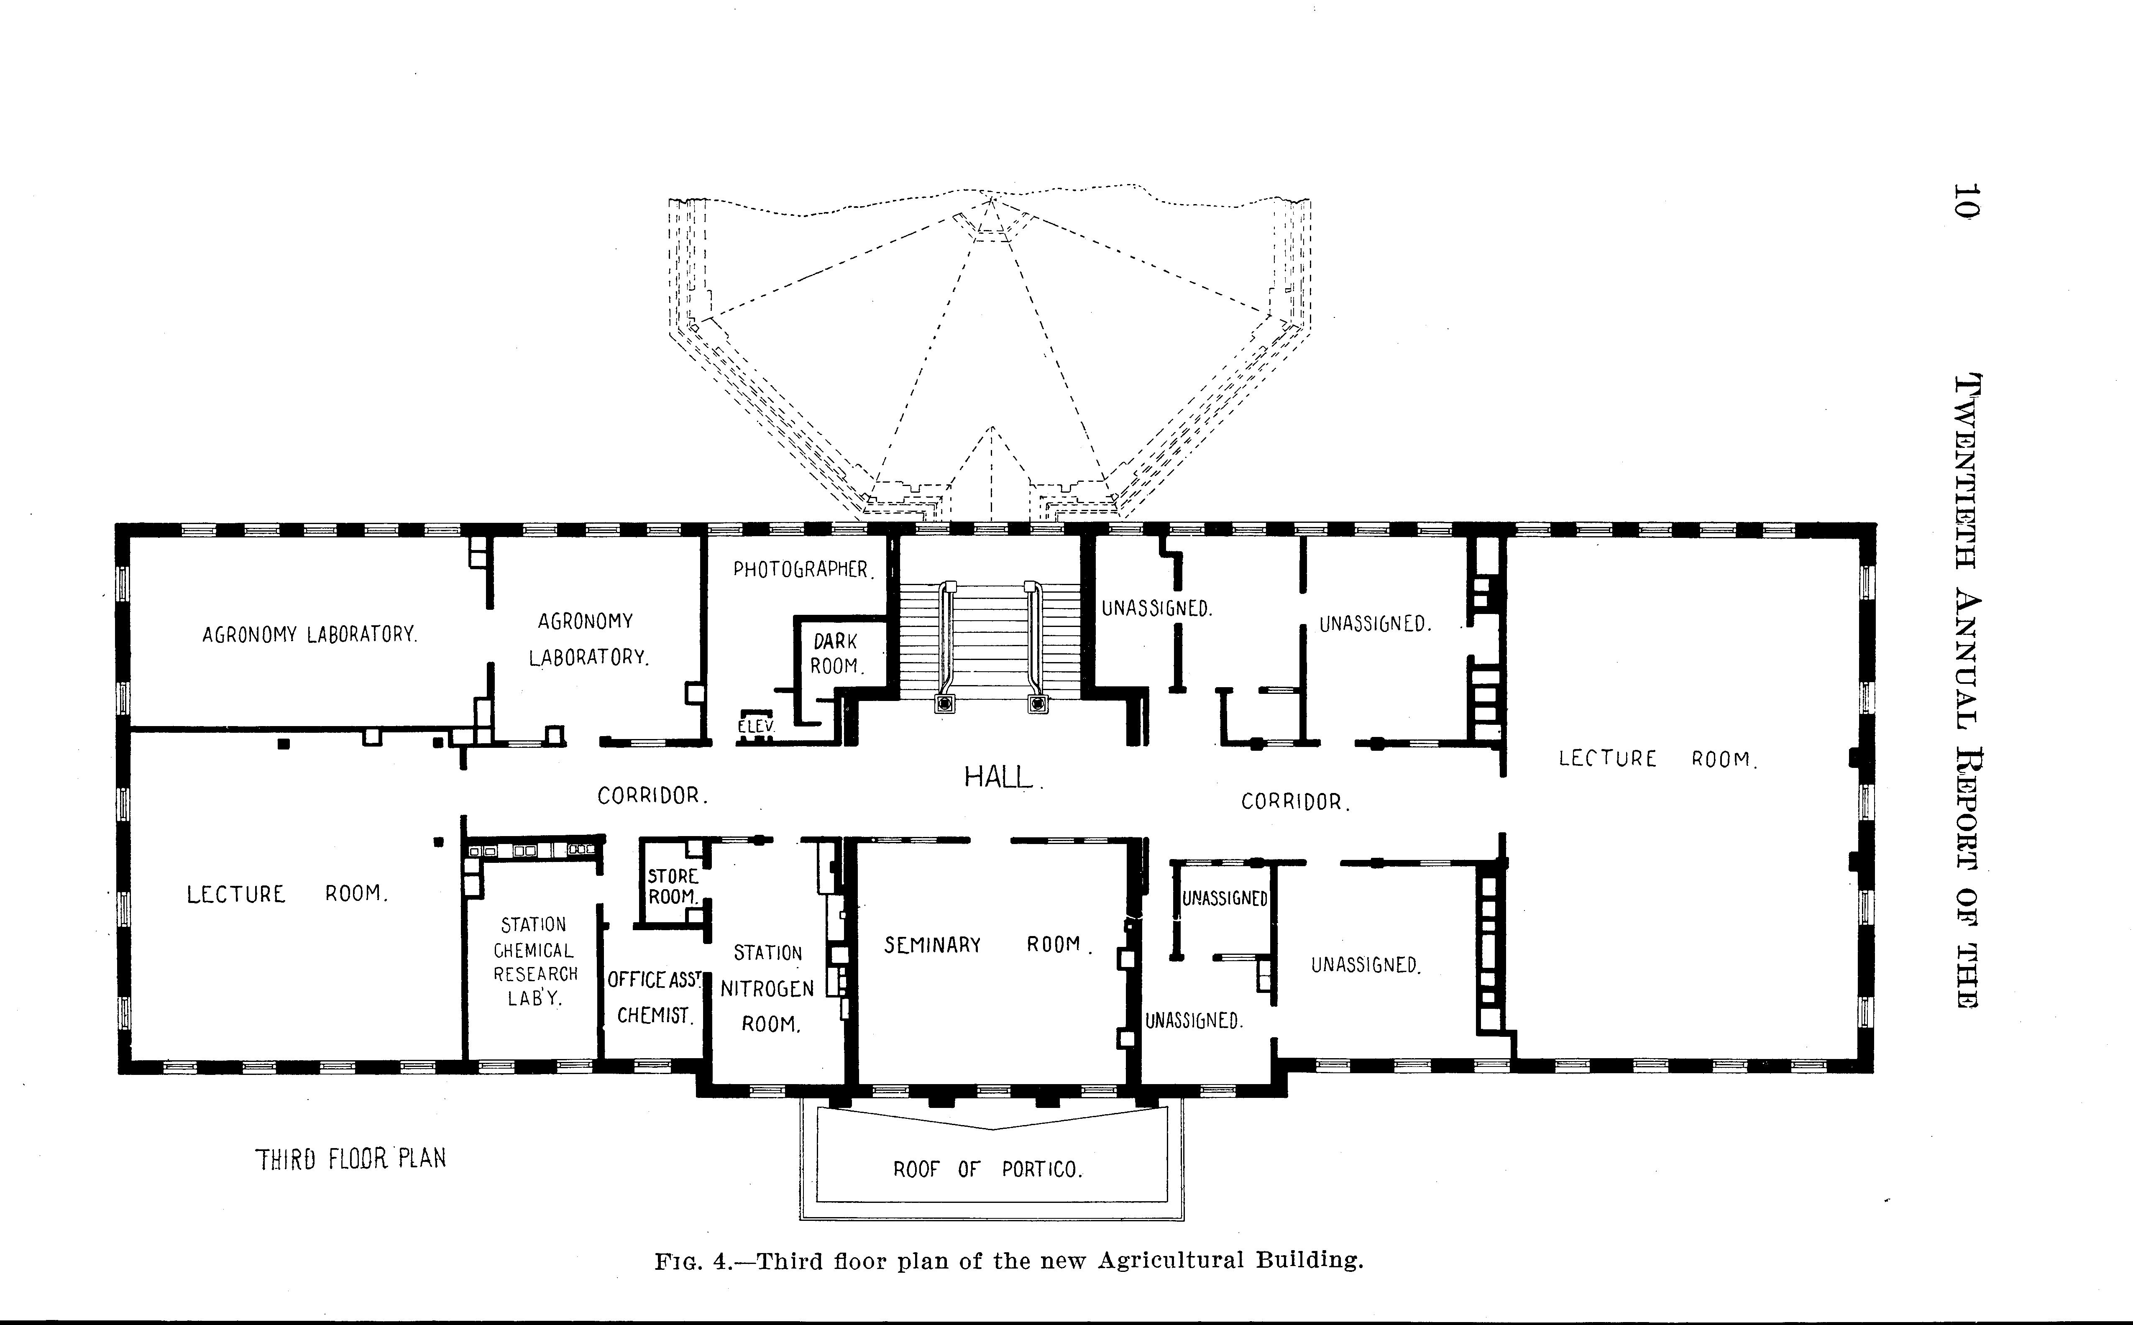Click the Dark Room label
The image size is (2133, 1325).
point(836,654)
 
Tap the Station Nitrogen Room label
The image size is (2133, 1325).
point(767,988)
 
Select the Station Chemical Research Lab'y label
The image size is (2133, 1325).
point(535,961)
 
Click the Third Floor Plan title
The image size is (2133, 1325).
point(350,1159)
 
